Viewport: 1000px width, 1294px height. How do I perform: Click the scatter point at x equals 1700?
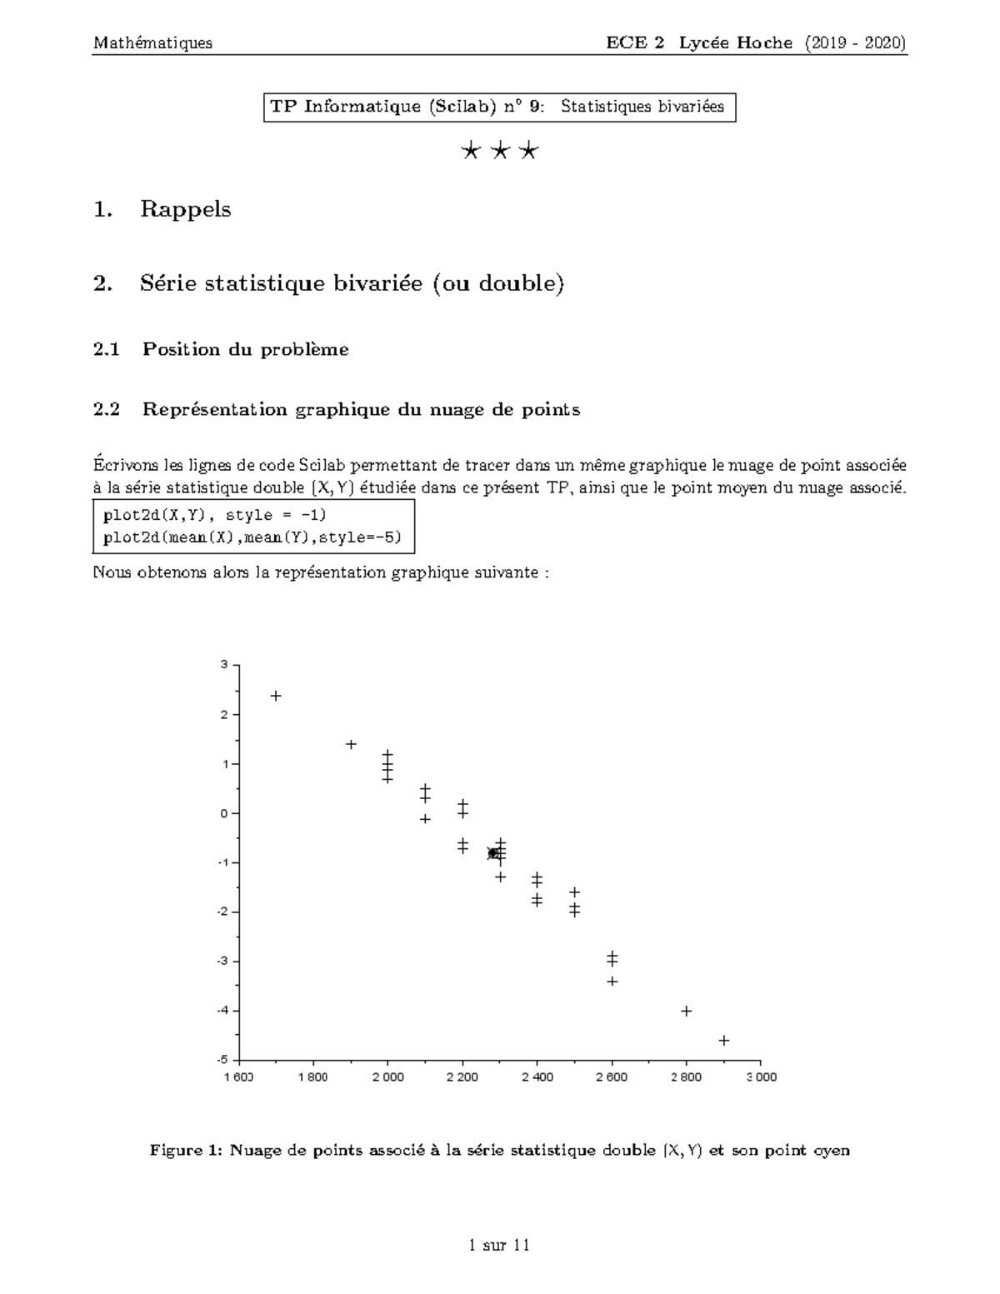276,696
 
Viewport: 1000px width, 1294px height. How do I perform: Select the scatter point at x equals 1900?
351,744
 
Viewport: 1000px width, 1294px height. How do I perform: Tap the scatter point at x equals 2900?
724,1040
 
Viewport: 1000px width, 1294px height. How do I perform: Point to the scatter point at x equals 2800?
687,1011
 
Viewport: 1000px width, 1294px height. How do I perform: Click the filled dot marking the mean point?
492,853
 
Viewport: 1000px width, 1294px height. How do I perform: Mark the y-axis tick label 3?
223,665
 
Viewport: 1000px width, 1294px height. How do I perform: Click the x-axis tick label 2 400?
537,1077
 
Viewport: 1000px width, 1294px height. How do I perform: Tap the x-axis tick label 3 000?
761,1077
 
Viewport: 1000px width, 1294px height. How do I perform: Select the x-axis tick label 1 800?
313,1077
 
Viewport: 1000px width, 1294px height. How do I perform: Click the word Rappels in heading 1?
185,209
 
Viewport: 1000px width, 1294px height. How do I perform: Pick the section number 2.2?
107,409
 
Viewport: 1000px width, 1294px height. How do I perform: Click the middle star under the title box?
500,152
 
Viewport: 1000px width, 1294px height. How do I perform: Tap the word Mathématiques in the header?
152,42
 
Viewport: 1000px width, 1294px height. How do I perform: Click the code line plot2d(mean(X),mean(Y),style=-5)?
252,537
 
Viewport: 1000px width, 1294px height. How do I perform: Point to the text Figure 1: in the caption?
187,1151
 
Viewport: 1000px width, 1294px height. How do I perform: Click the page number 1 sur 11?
499,1246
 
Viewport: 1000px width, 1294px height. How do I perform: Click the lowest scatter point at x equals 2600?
612,982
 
